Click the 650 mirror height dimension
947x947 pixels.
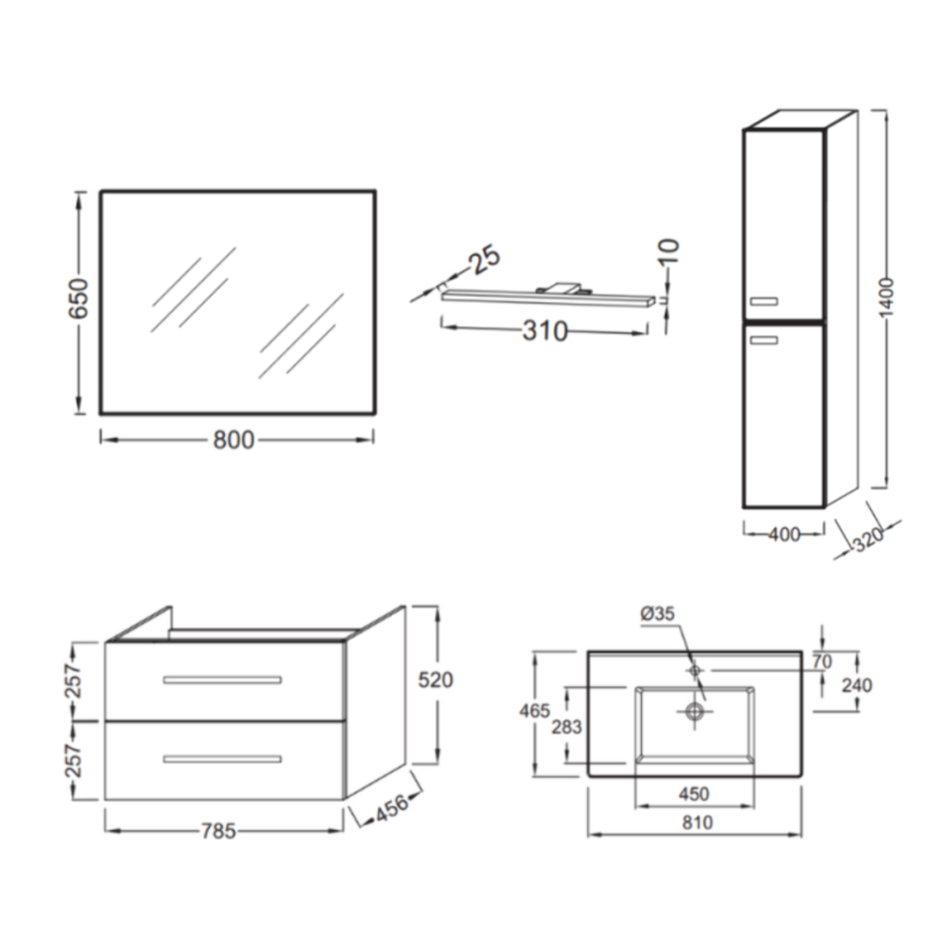[x=78, y=298]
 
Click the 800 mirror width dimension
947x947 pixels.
[x=234, y=440]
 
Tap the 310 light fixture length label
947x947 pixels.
[x=545, y=331]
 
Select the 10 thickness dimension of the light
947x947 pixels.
[x=668, y=251]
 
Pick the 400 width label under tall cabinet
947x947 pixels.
[x=784, y=534]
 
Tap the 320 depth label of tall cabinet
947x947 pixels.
[x=868, y=538]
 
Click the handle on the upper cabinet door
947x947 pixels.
[x=764, y=301]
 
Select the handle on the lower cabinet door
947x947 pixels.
[x=764, y=340]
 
